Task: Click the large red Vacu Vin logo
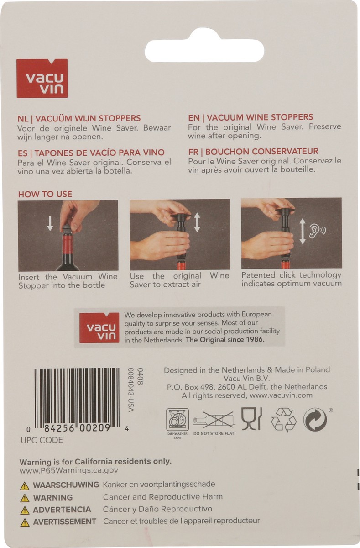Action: (42, 78)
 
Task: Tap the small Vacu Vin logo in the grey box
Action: (99, 327)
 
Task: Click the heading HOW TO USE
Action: (45, 194)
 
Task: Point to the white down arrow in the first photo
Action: (50, 224)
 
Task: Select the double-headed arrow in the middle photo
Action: (197, 223)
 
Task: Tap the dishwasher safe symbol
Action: (177, 420)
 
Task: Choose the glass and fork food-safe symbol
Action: (252, 419)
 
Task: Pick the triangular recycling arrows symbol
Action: (283, 420)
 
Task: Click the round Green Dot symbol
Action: (315, 419)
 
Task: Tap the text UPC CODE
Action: (42, 440)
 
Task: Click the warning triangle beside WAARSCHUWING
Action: (25, 486)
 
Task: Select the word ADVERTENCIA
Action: (62, 510)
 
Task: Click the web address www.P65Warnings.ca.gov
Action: (69, 470)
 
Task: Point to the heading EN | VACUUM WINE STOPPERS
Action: (250, 117)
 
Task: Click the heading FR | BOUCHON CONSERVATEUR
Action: (253, 152)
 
